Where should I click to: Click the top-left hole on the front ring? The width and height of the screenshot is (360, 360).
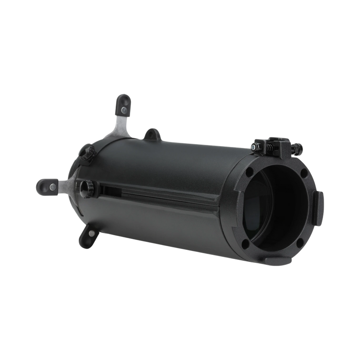coord(250,171)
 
